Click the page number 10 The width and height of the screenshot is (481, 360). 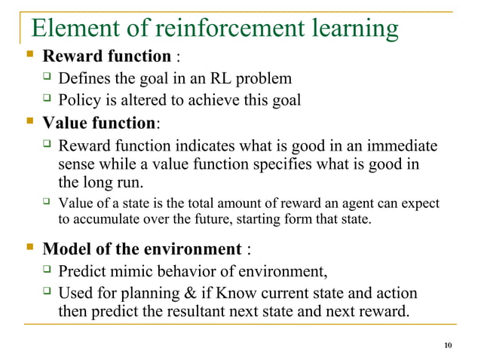[x=449, y=346]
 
